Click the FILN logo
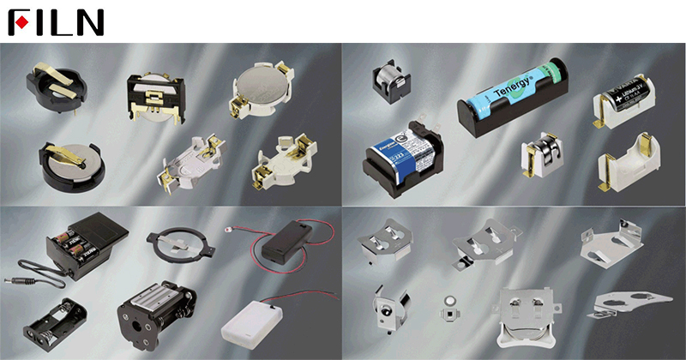pos(56,21)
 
